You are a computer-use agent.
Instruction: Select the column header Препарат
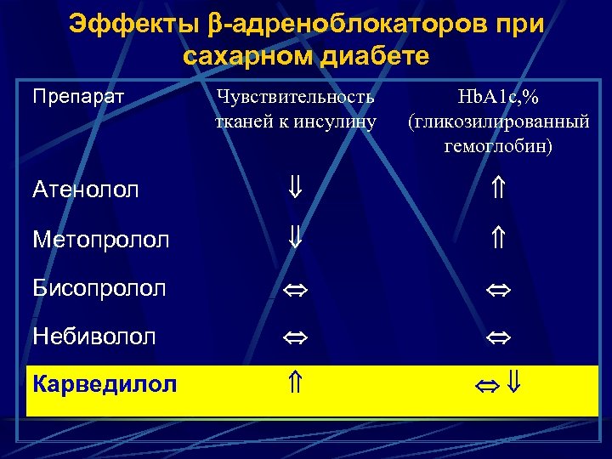tap(78, 96)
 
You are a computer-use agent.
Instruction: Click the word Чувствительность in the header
tap(295, 97)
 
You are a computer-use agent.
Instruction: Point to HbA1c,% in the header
tap(498, 97)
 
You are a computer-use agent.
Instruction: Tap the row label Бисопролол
tap(99, 288)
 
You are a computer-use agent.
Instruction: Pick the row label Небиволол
tap(93, 337)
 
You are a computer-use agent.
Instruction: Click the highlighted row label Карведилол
tap(105, 385)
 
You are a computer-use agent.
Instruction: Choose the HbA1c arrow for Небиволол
tap(498, 337)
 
